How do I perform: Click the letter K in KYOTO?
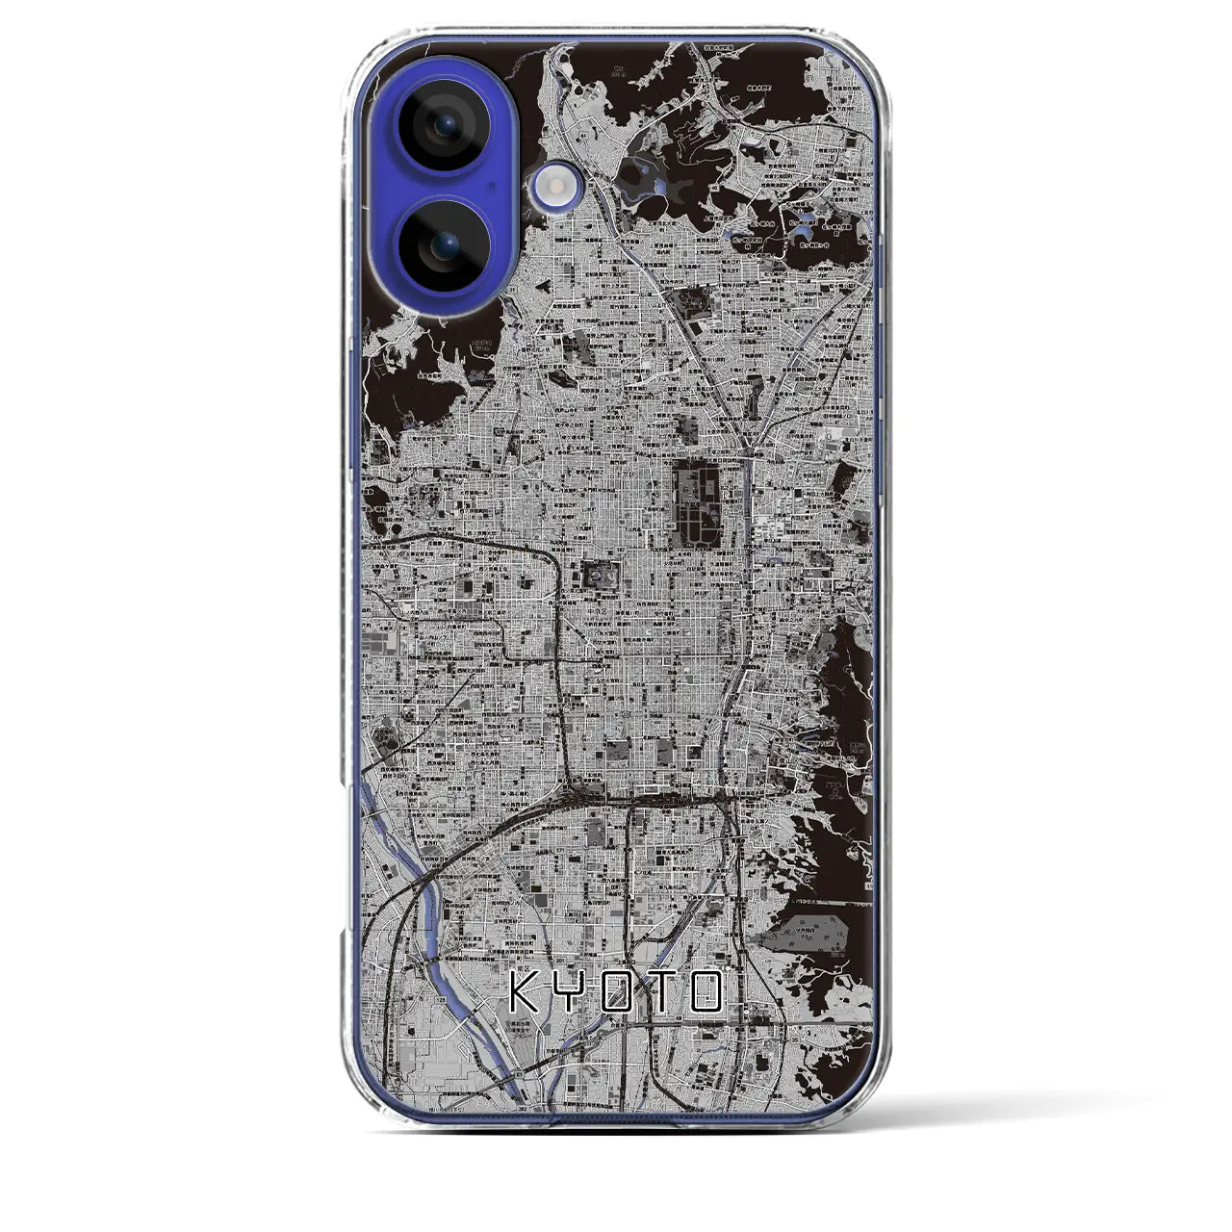tap(526, 991)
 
